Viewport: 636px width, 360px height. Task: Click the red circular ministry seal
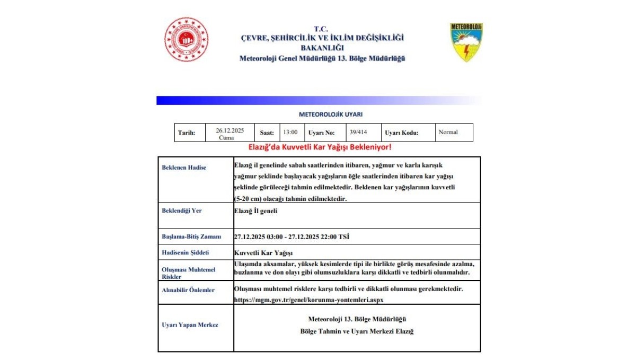[x=185, y=39]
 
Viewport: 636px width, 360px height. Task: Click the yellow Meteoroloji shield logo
[x=466, y=42]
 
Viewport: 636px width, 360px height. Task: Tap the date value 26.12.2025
[x=229, y=130]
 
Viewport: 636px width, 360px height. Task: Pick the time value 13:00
[x=290, y=133]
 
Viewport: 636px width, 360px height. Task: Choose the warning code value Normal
[x=448, y=132]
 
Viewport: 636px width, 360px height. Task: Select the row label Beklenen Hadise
[x=184, y=168]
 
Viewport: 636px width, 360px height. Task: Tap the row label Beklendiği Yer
[x=182, y=210]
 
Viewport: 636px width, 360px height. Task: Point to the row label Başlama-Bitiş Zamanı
[x=191, y=236]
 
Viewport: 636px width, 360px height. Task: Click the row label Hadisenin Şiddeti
[x=185, y=253]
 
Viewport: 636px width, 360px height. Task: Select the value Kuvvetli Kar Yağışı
[x=263, y=253]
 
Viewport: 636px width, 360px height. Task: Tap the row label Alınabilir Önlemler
[x=188, y=290]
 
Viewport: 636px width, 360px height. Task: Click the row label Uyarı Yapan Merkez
[x=190, y=325]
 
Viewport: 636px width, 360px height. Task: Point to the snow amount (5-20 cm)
[x=248, y=199]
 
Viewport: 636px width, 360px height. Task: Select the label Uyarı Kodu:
[x=401, y=133]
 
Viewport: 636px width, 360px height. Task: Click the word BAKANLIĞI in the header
[x=322, y=48]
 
